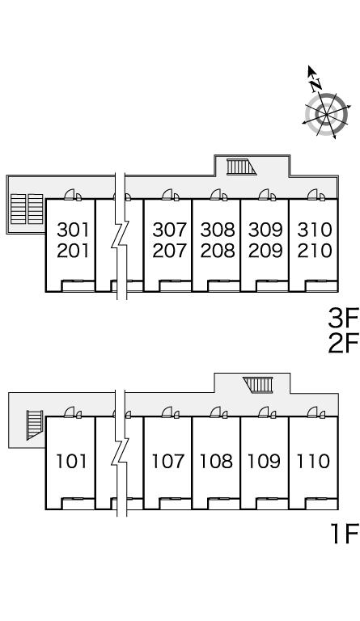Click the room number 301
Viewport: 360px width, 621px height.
click(74, 230)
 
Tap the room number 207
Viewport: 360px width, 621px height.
click(169, 251)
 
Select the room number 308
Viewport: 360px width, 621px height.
click(218, 230)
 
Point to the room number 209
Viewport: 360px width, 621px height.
click(265, 251)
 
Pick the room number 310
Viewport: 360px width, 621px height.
click(315, 230)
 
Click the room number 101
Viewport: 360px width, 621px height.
click(71, 462)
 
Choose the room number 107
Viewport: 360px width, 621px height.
click(168, 462)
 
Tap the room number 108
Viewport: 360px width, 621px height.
click(216, 462)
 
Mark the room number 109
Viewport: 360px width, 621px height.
click(264, 462)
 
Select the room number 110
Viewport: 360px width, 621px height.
click(313, 462)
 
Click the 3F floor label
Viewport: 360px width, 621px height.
click(343, 319)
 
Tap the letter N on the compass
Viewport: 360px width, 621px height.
click(316, 84)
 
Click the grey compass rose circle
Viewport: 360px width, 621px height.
click(326, 115)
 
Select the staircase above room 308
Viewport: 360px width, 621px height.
click(241, 167)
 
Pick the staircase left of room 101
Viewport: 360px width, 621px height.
click(34, 425)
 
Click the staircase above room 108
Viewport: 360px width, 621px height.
click(259, 385)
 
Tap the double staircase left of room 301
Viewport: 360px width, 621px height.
click(27, 209)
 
